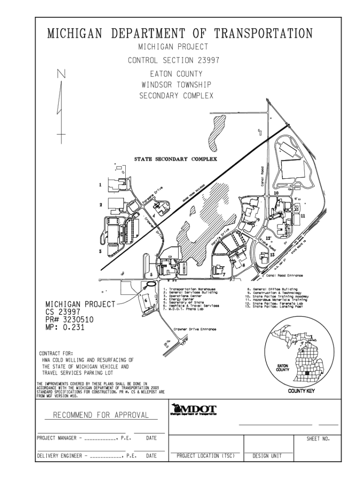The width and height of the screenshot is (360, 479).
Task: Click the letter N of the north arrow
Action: click(61, 74)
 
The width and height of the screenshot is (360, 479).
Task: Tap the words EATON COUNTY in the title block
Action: click(176, 74)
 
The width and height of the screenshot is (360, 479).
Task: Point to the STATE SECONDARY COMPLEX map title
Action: click(176, 159)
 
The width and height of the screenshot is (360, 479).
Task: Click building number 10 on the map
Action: click(276, 193)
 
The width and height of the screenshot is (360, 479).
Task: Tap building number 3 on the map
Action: click(101, 252)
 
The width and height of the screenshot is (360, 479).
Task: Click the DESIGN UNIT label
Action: click(267, 455)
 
